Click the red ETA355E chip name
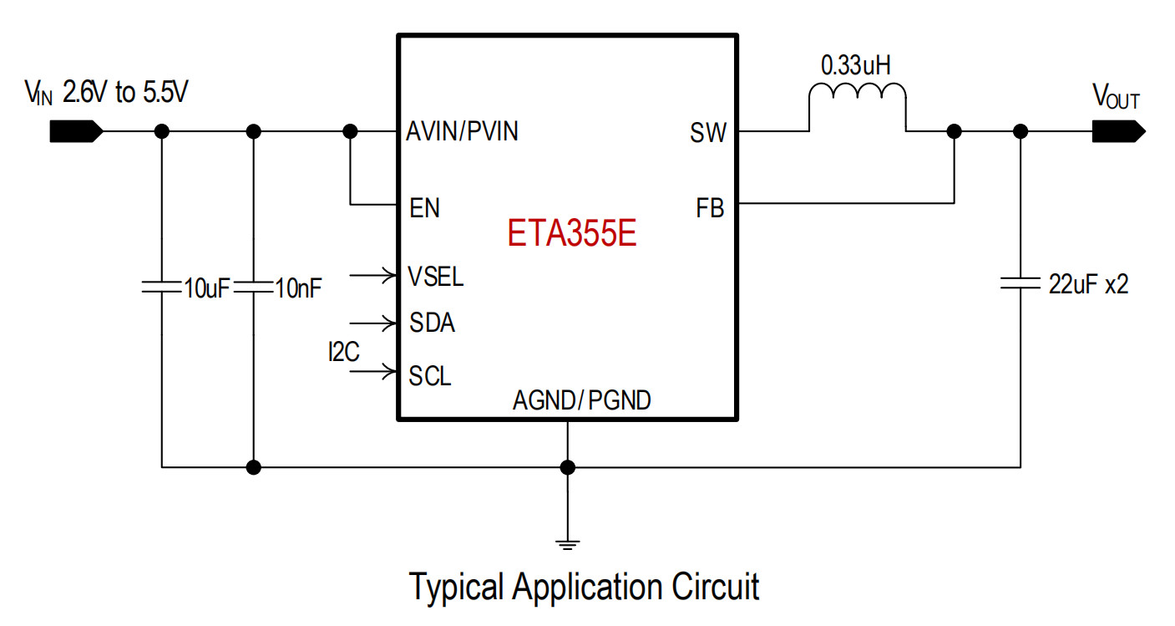click(x=572, y=232)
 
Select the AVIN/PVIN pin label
click(x=462, y=131)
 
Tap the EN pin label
click(x=424, y=208)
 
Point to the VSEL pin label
click(x=435, y=277)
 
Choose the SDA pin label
click(x=432, y=323)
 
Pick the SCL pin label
click(x=429, y=376)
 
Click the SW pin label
click(x=708, y=133)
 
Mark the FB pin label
click(x=710, y=208)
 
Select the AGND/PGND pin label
click(x=582, y=400)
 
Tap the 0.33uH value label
click(x=855, y=66)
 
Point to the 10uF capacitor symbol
click(x=161, y=287)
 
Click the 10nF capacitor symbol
click(x=253, y=287)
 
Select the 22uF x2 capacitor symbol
click(x=1021, y=283)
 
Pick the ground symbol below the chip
click(x=568, y=545)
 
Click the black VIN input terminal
click(x=77, y=131)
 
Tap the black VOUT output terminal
click(x=1119, y=131)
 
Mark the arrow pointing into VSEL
click(x=373, y=275)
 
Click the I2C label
click(x=343, y=352)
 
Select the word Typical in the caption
click(x=456, y=588)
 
